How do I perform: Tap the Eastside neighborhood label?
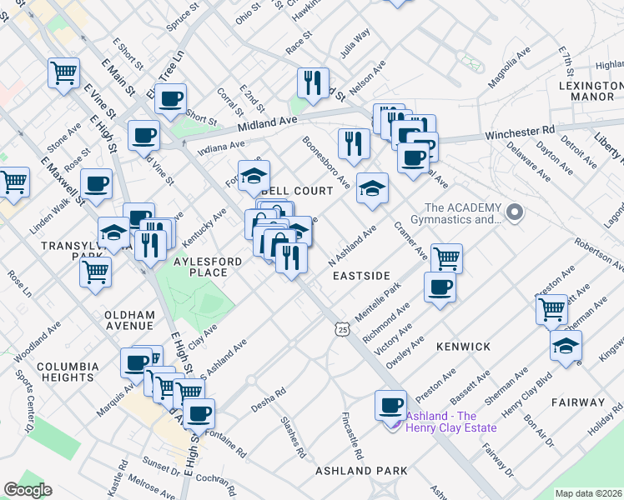click(x=361, y=274)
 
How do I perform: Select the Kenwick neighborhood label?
click(x=462, y=345)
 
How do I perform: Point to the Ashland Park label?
click(x=361, y=471)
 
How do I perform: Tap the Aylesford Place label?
click(x=189, y=267)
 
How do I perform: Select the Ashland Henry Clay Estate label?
click(x=450, y=422)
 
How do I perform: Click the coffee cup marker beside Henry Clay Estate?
click(x=390, y=407)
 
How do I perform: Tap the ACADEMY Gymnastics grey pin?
click(x=515, y=213)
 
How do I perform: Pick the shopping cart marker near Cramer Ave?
click(x=447, y=258)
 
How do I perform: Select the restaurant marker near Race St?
click(x=312, y=82)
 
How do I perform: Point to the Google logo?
click(x=28, y=490)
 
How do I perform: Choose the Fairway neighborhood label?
click(x=577, y=402)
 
